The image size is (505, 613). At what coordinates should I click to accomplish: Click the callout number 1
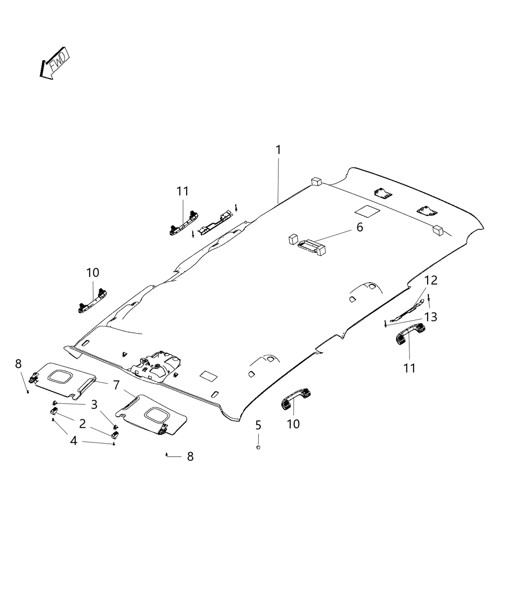[x=278, y=150]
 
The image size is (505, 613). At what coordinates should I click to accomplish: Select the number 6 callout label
[x=360, y=227]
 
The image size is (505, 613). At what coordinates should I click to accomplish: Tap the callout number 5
[x=258, y=425]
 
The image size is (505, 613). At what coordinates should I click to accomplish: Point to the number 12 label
[x=431, y=280]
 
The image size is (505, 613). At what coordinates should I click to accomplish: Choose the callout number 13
[x=431, y=317]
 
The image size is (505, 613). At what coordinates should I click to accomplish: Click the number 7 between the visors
[x=116, y=385]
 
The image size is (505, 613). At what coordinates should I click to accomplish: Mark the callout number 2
[x=82, y=423]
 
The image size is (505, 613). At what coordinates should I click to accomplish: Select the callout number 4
[x=74, y=440]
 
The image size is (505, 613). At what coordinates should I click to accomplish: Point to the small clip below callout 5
[x=258, y=447]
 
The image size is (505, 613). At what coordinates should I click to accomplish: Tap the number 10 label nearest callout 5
[x=293, y=424]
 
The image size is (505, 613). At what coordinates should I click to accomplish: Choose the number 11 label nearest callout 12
[x=409, y=368]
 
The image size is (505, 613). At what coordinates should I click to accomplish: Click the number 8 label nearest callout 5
[x=190, y=456]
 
